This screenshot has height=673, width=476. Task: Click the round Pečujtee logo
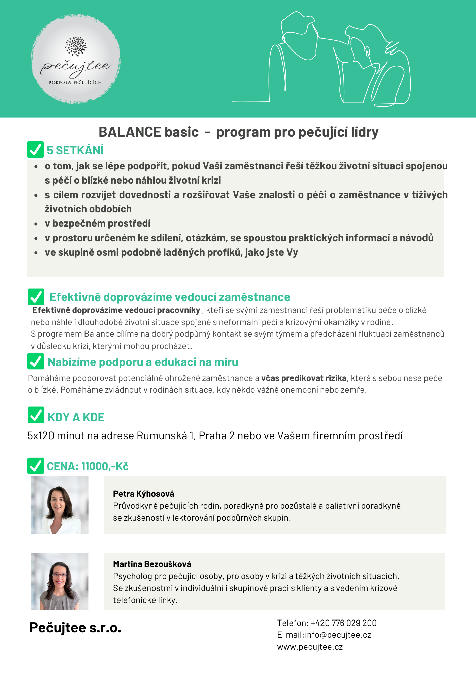(x=76, y=59)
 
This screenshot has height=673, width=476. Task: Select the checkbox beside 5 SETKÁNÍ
(x=35, y=150)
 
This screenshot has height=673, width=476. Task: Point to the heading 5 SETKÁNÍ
(x=75, y=150)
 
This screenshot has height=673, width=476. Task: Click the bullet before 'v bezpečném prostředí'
(x=36, y=224)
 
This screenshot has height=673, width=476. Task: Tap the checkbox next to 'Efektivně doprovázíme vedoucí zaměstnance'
(x=36, y=297)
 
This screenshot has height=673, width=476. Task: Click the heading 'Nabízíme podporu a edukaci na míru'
(x=143, y=362)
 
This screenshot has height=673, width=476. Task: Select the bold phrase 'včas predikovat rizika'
(x=304, y=378)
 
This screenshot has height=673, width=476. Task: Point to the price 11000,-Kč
(x=105, y=466)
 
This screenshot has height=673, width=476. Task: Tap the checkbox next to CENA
(x=35, y=466)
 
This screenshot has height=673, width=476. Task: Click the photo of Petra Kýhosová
(x=60, y=505)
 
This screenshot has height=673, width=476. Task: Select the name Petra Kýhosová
(x=144, y=494)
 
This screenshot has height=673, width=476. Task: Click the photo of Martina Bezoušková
(x=60, y=581)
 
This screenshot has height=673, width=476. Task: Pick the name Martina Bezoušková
(x=152, y=564)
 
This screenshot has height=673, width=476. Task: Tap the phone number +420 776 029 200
(x=343, y=623)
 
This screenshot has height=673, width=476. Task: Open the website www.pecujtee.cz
(x=310, y=647)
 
